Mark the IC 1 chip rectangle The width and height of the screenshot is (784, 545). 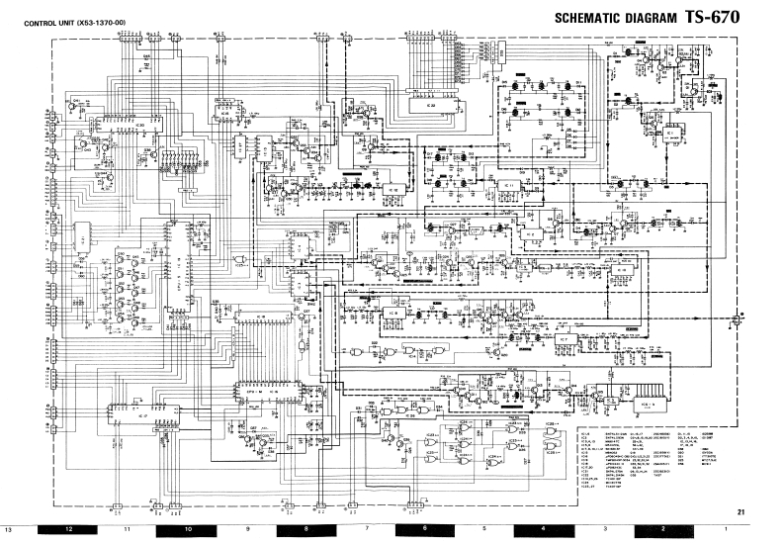(x=670, y=132)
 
